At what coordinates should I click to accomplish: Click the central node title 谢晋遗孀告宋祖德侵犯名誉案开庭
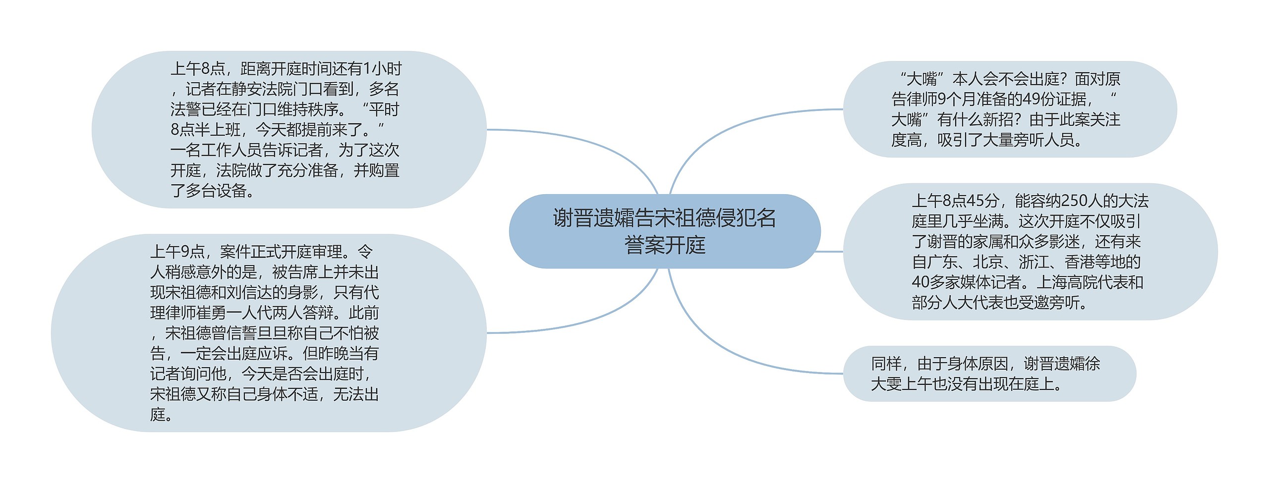pyautogui.click(x=664, y=231)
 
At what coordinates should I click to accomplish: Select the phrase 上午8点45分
pyautogui.click(x=955, y=201)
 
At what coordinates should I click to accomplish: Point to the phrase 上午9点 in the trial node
pyautogui.click(x=177, y=252)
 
